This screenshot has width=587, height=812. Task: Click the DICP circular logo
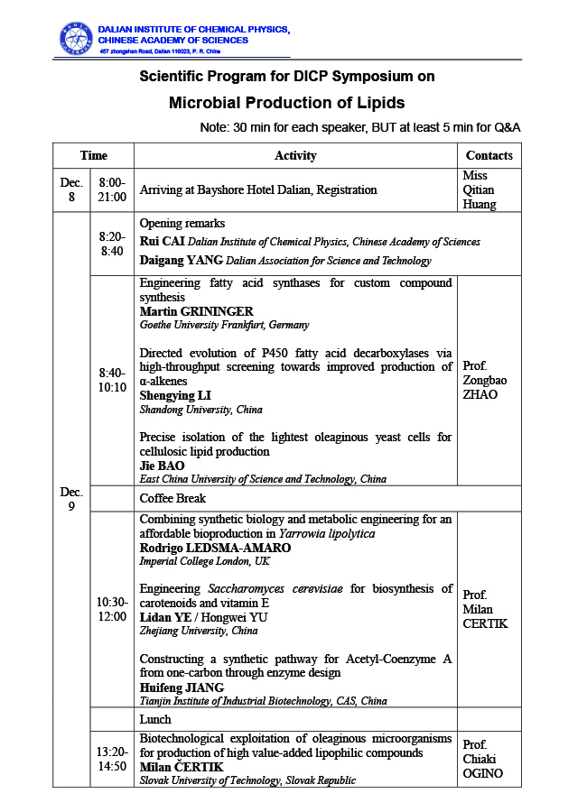[x=75, y=37]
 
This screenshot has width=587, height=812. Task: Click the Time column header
[x=93, y=155]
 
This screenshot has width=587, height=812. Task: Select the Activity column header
[x=295, y=155]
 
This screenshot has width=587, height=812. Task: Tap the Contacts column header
[x=489, y=155]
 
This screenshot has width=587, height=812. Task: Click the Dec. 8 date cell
[x=71, y=189]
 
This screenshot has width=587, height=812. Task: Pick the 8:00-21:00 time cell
[x=112, y=189]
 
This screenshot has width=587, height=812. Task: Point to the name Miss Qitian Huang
[x=480, y=189]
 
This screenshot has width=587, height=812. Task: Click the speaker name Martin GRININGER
[x=196, y=311]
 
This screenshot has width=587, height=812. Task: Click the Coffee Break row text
[x=172, y=498]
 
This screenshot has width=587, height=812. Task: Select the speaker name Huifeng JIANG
[x=182, y=687]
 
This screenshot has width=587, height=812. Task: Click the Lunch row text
[x=155, y=719]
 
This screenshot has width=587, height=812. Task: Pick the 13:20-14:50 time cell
[x=112, y=759]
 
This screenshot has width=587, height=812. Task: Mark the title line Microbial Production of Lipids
[x=286, y=102]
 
